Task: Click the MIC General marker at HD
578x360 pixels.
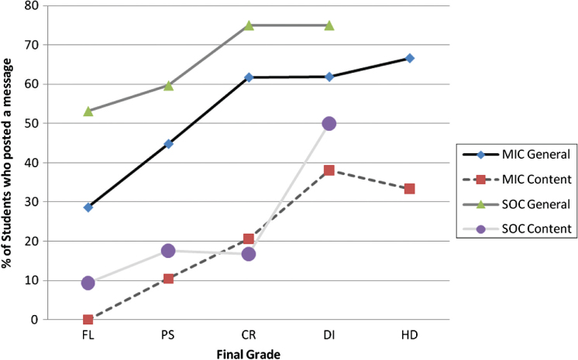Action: (409, 58)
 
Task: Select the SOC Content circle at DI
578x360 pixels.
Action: (329, 123)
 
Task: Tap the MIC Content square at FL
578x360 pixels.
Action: (88, 319)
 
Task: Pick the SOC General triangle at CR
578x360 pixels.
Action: (249, 26)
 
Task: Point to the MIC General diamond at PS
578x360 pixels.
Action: (168, 143)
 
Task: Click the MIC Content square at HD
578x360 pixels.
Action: (409, 189)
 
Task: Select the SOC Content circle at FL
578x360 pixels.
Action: (88, 283)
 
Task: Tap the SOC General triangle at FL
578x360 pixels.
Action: (88, 111)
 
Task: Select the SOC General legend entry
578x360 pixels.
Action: (514, 205)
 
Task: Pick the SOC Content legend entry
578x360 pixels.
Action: (514, 228)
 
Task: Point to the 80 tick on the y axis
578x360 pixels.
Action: (33, 5)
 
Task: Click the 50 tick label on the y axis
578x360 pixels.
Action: (33, 123)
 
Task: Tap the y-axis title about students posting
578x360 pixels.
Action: (9, 163)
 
